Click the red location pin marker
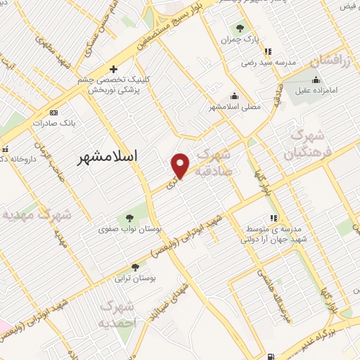click(x=181, y=166)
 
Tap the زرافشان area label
click(x=322, y=61)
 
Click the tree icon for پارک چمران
click(x=240, y=29)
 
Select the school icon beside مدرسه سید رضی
click(x=267, y=51)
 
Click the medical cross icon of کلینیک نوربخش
click(x=114, y=69)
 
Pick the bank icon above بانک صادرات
click(x=53, y=112)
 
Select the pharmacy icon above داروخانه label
click(x=5, y=148)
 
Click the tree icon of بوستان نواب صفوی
click(x=128, y=217)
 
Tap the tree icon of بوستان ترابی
click(x=134, y=267)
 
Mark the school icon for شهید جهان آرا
click(x=273, y=219)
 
